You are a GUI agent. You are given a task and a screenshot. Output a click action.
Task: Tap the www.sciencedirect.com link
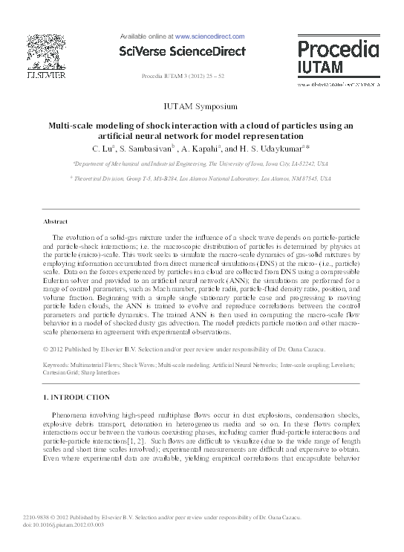point(210,35)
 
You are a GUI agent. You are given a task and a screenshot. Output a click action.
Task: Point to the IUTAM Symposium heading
point(201,106)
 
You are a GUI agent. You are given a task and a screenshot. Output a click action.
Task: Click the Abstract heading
point(56,222)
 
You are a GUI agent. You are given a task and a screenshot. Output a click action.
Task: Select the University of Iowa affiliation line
point(202,162)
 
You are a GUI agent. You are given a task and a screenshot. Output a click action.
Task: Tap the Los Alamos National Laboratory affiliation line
point(202,178)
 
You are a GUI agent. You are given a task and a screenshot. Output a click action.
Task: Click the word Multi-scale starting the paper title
point(71,126)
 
